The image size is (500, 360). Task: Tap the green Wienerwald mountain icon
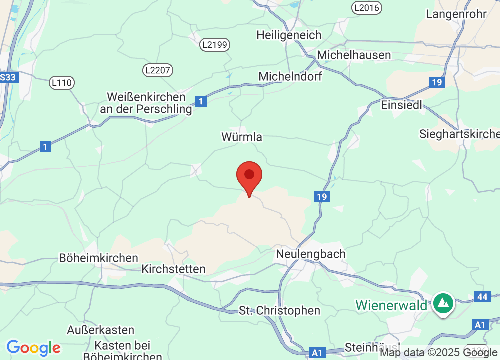(x=442, y=303)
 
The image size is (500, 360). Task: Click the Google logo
(x=33, y=347)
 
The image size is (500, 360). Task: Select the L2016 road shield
(x=366, y=7)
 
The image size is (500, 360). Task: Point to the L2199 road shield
(x=215, y=45)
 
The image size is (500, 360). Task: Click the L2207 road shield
(x=158, y=70)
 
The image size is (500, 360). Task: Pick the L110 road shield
(x=62, y=82)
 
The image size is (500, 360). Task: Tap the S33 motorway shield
(x=8, y=77)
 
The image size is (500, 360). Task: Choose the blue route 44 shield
(x=482, y=297)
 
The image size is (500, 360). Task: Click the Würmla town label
(x=242, y=137)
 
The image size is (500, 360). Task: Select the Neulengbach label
(x=311, y=254)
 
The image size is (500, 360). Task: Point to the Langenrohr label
(x=456, y=14)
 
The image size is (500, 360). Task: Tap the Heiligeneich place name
(x=289, y=35)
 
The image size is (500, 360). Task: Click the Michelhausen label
(x=354, y=55)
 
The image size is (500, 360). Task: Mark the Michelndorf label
(x=290, y=76)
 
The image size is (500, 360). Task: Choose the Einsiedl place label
(x=401, y=105)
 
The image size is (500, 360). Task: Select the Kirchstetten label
(x=173, y=269)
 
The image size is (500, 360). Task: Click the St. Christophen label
(x=279, y=310)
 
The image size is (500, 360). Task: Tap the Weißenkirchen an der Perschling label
(x=146, y=103)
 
